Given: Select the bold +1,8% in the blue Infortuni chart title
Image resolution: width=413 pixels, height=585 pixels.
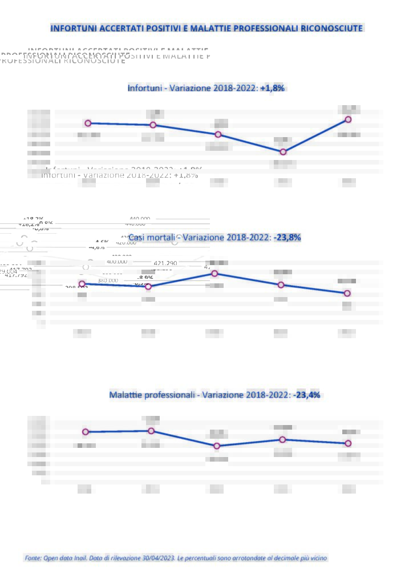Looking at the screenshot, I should (272, 88).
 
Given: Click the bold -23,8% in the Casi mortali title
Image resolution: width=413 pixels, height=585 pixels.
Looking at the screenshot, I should (288, 237).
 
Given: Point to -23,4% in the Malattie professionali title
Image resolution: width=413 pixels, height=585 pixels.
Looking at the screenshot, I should (306, 395).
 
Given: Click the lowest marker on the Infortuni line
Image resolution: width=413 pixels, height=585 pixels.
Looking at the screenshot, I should (283, 152).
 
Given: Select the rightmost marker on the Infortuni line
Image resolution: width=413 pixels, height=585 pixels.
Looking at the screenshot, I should (348, 119).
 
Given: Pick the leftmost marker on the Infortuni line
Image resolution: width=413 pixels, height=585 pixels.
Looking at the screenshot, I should (88, 123).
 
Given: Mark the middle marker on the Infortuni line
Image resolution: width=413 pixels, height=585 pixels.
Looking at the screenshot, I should (218, 134).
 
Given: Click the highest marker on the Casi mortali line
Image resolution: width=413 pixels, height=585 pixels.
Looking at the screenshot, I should (214, 274).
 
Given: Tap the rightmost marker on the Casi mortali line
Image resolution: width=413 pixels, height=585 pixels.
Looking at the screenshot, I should (347, 293).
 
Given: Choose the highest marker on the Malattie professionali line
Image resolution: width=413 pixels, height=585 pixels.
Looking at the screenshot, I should (151, 431).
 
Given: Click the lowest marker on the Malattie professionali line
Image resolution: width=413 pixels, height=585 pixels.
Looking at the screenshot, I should (217, 446).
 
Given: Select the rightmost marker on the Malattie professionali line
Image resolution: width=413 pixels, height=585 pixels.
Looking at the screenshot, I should (348, 443).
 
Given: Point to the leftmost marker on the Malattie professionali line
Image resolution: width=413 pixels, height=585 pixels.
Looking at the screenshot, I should (86, 432).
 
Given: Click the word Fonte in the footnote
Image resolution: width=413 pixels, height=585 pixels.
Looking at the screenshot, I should (33, 558).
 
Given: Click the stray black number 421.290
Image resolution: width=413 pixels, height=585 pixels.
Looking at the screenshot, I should (165, 263).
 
